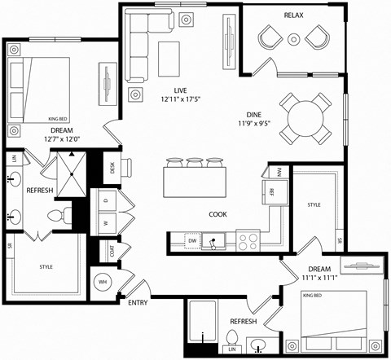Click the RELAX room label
294,15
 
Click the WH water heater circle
103,283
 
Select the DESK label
112,168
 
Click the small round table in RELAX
294,37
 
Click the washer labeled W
106,221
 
